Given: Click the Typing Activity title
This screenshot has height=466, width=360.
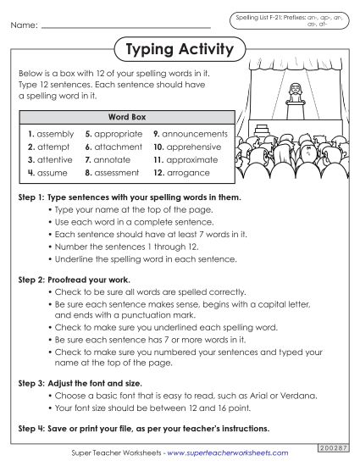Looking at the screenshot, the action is point(180,50).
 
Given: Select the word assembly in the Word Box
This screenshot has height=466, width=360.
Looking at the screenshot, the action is point(55,134).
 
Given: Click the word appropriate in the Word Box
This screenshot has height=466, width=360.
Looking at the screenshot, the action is point(118,134).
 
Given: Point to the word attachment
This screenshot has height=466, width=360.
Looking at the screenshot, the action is point(118,147).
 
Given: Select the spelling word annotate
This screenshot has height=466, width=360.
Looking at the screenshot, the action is point(114,159).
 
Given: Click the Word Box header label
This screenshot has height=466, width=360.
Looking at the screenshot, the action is point(125,116).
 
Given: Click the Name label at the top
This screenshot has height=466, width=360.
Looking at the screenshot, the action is point(24,26).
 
